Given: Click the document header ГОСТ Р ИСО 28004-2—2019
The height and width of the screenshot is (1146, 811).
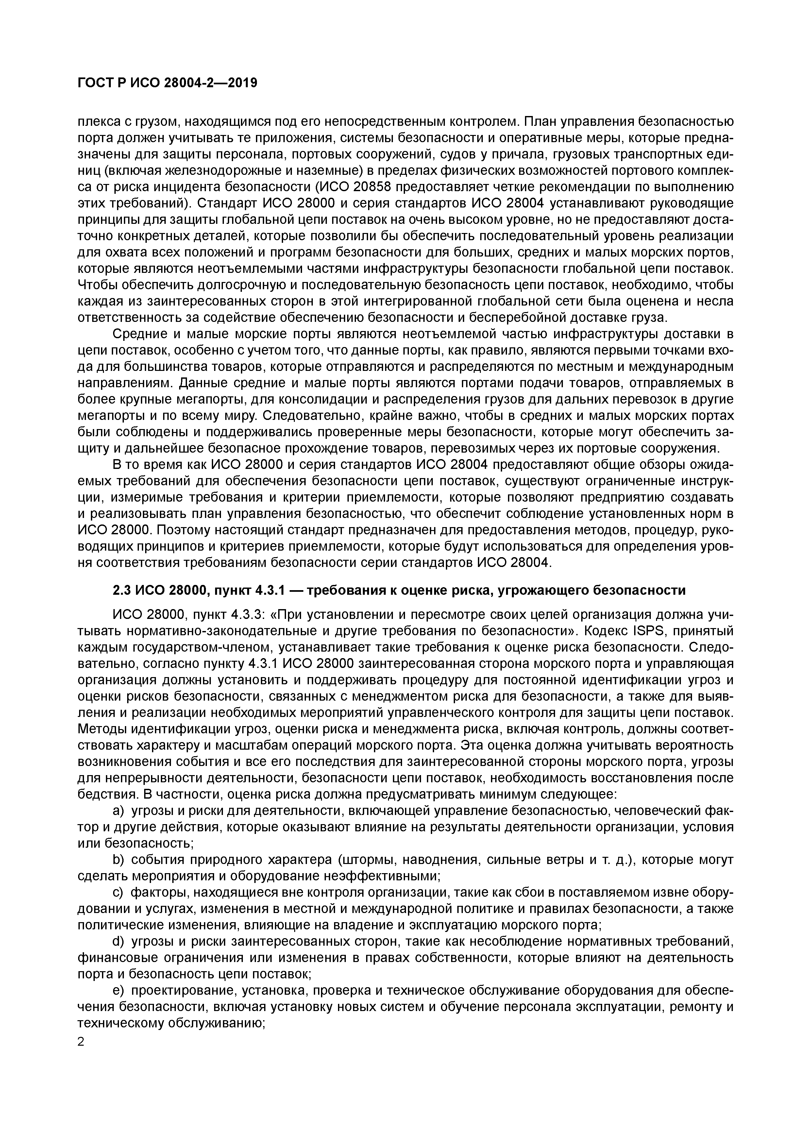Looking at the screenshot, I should point(167,83).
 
